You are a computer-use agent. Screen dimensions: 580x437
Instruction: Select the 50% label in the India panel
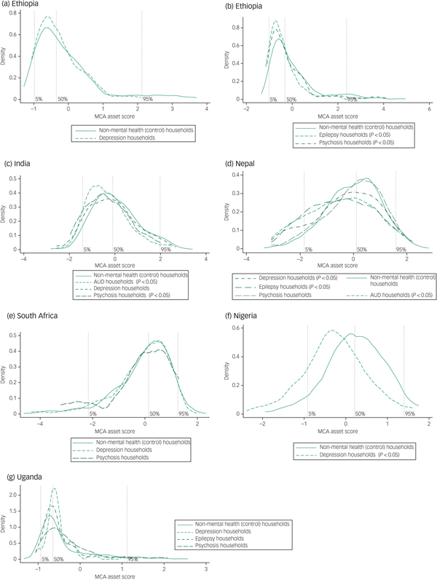(119, 249)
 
